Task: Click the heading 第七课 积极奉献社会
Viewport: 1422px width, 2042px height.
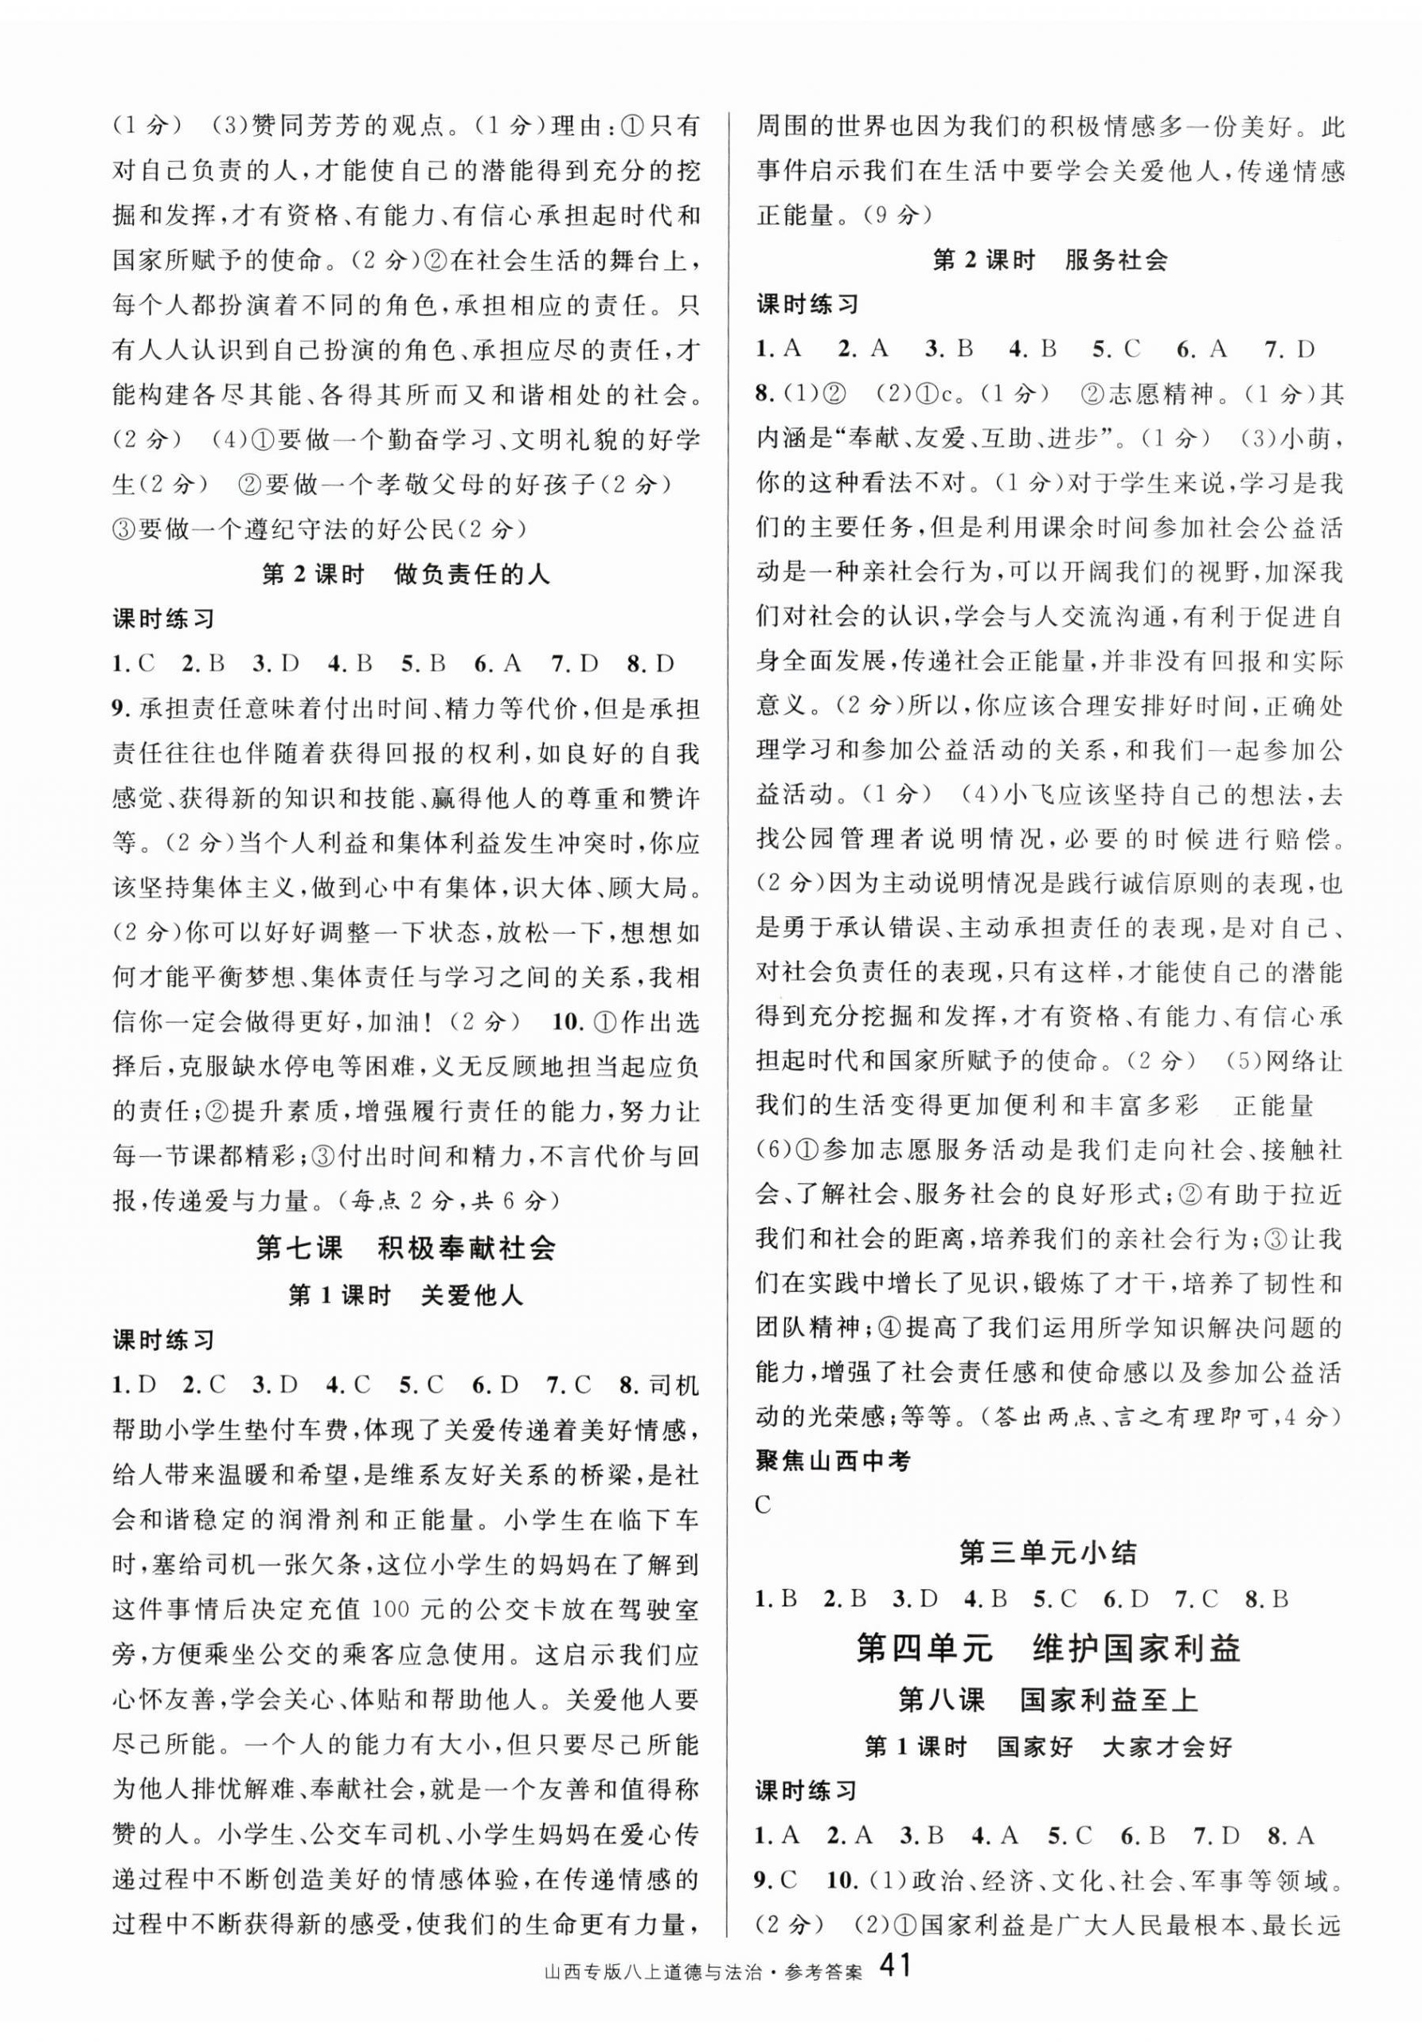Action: pyautogui.click(x=405, y=1247)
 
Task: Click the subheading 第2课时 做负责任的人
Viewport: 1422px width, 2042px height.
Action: pyautogui.click(x=405, y=575)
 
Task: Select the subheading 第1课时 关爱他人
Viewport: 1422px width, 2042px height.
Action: pyautogui.click(x=405, y=1296)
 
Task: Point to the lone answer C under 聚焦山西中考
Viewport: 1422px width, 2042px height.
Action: pyautogui.click(x=764, y=1505)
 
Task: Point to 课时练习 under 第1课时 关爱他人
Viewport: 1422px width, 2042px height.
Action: pyautogui.click(x=164, y=1341)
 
